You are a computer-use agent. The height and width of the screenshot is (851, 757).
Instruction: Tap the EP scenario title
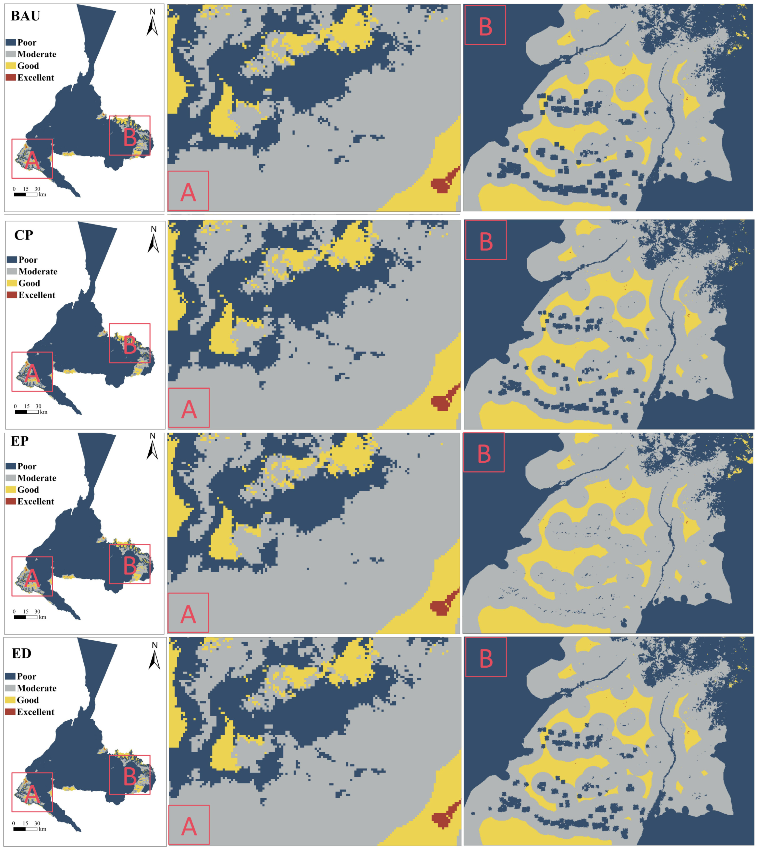coord(20,441)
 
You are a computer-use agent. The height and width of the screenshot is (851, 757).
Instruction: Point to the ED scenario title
coord(21,653)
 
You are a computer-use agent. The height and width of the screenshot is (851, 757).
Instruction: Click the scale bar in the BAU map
coord(26,194)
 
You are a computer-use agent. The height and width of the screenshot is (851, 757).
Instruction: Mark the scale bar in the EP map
coord(26,617)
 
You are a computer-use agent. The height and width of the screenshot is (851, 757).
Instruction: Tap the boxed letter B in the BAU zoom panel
coord(485,26)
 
